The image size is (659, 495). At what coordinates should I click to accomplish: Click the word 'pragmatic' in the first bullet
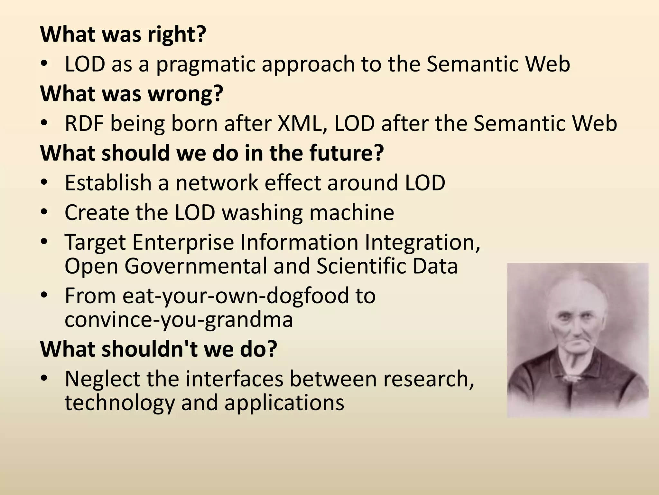(x=206, y=64)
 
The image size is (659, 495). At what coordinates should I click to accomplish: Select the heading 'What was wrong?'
(x=131, y=93)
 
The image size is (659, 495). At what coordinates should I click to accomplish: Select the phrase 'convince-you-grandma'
(x=179, y=320)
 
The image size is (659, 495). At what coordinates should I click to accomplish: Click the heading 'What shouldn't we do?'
(x=158, y=349)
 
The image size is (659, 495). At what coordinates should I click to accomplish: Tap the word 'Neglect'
(x=102, y=379)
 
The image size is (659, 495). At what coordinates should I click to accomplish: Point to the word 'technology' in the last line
(x=119, y=403)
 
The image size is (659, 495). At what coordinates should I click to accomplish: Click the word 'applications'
(x=284, y=403)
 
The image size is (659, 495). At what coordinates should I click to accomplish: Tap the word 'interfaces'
(x=234, y=379)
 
